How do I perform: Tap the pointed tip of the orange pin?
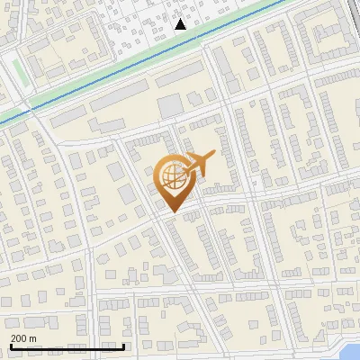(172, 211)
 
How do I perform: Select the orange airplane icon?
(197, 165)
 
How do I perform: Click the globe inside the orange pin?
(171, 177)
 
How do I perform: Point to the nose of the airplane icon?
(213, 156)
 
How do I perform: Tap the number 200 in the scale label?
(19, 337)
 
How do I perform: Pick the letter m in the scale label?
(32, 337)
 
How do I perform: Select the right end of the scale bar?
(123, 346)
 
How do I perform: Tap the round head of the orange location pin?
(171, 177)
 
